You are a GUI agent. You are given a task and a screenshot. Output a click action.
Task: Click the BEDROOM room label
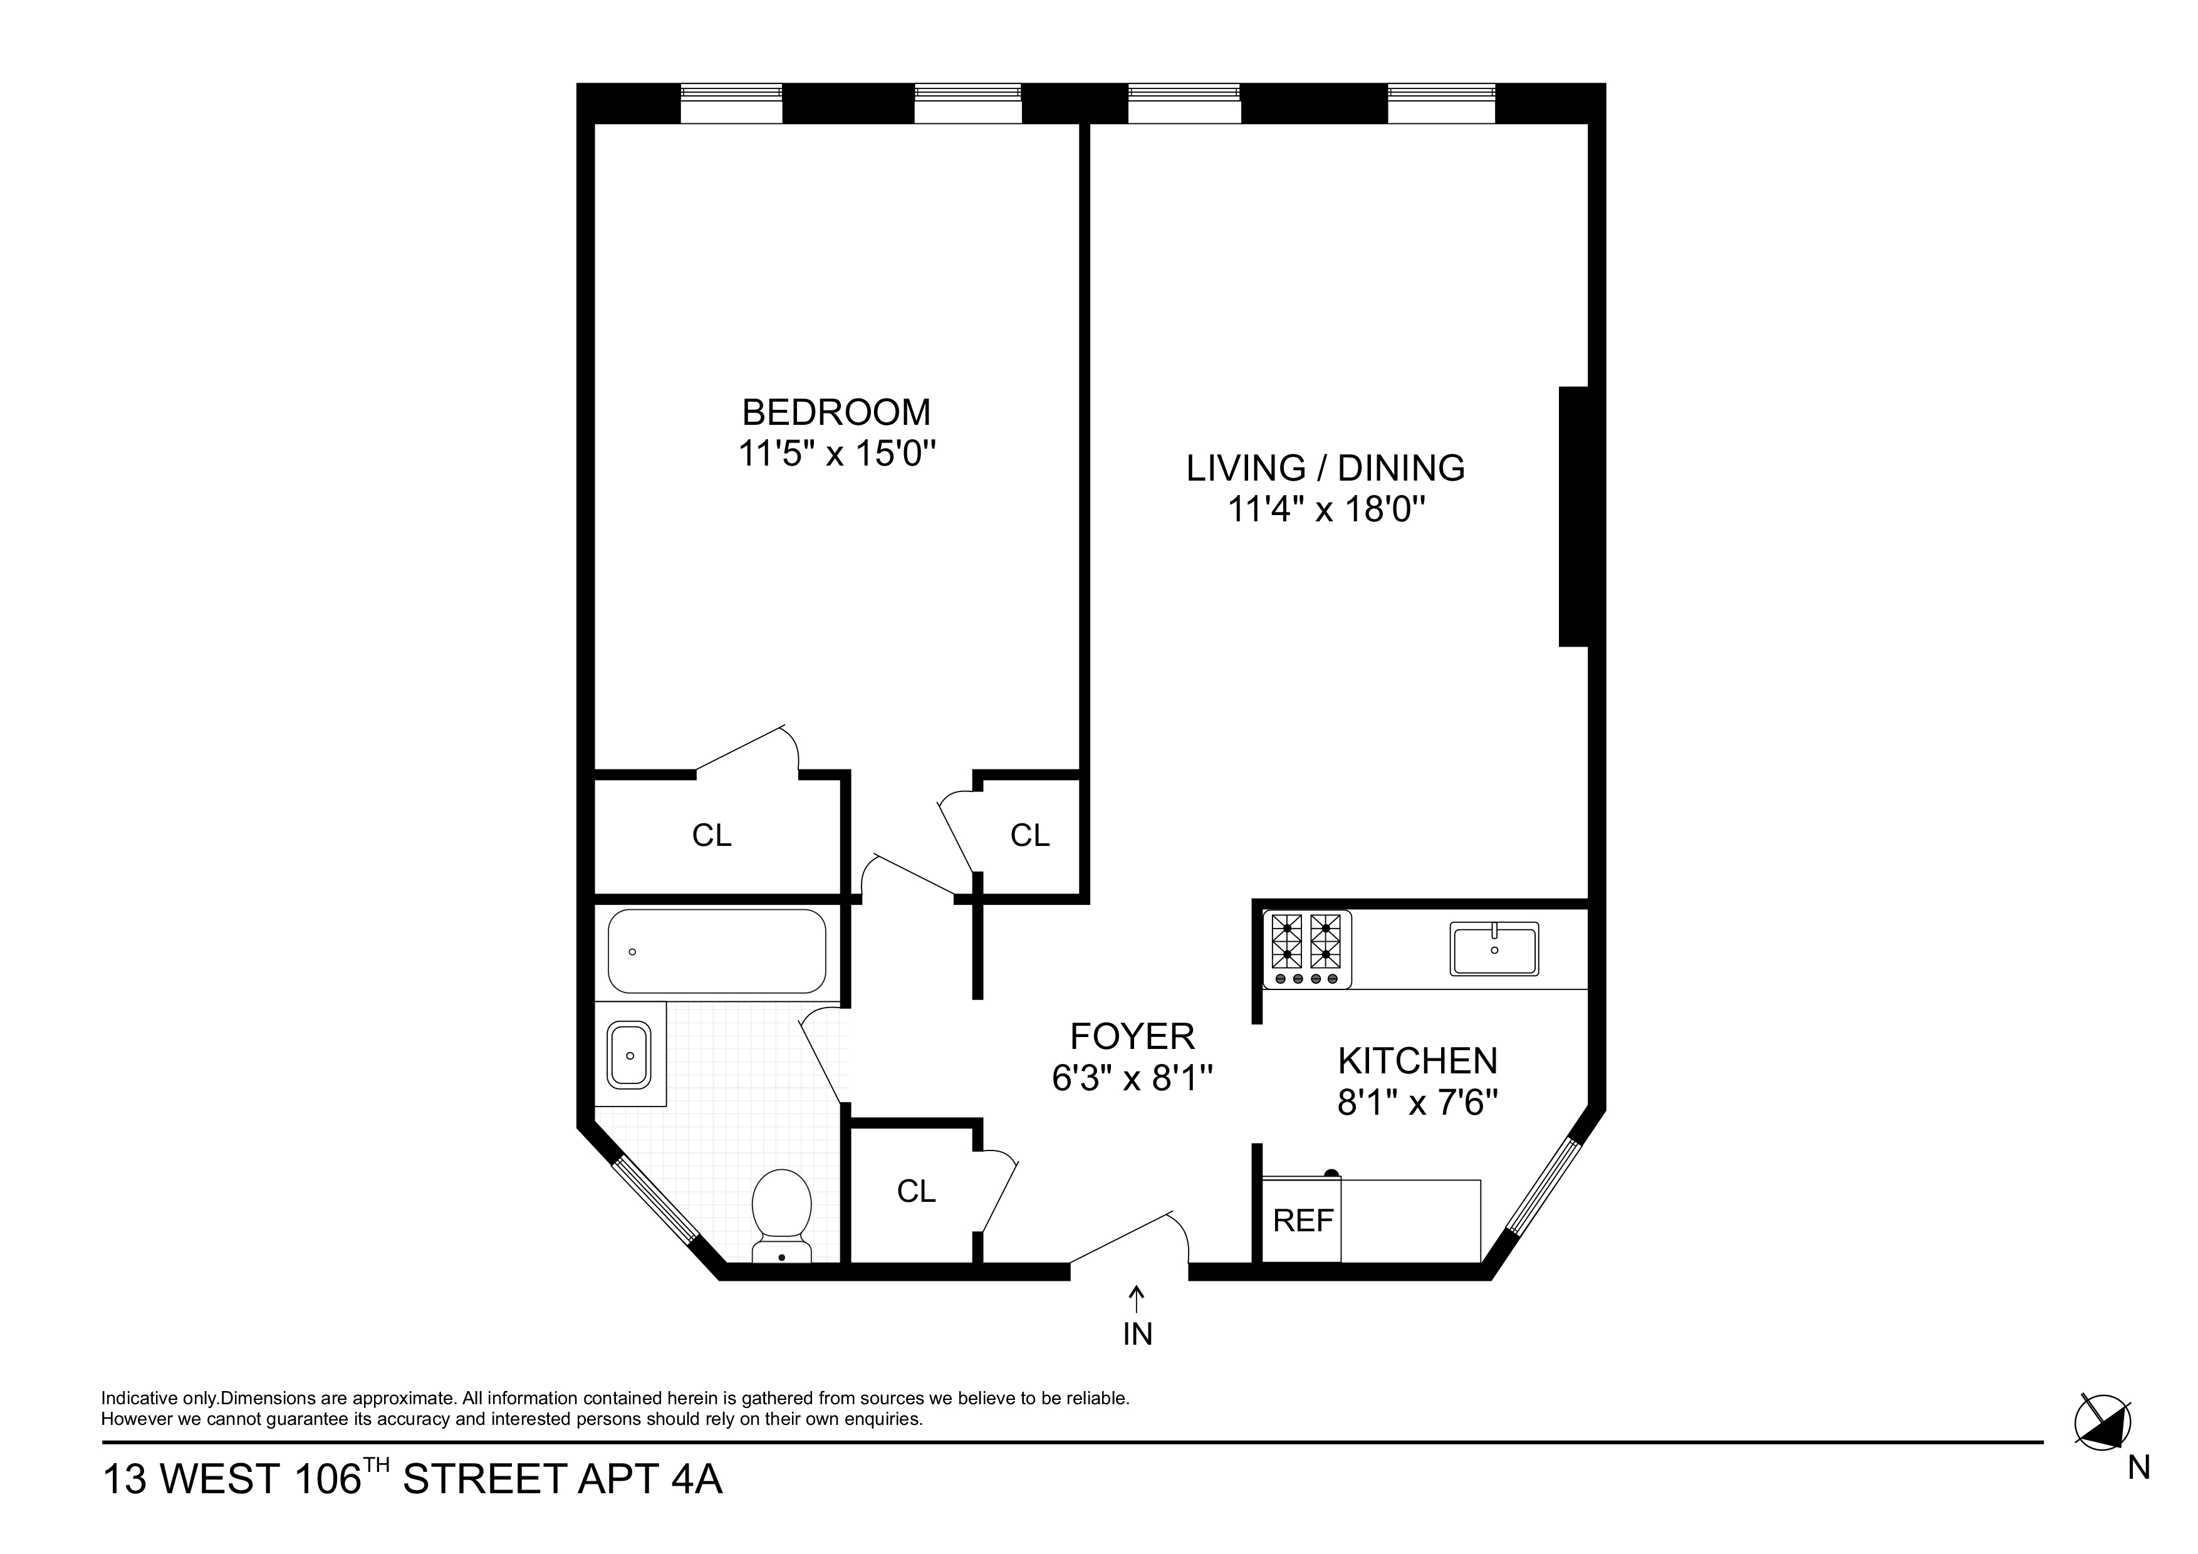coord(836,413)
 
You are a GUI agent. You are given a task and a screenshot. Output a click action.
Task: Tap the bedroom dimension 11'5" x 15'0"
coord(836,453)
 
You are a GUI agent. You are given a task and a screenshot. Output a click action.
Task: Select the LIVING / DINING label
coord(1325,468)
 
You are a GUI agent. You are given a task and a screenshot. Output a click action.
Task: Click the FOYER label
coord(1132,1037)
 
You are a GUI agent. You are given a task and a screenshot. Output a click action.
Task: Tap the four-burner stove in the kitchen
coord(1307,948)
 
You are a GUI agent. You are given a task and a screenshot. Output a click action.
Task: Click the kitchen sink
coord(1493,949)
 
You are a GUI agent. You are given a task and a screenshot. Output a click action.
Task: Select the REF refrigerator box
coord(1302,1221)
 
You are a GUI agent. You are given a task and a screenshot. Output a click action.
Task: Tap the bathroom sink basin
coord(629,1055)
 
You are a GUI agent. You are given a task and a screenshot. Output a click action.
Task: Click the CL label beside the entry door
coord(915,1191)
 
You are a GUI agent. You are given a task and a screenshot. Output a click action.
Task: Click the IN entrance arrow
coord(1137,1312)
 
